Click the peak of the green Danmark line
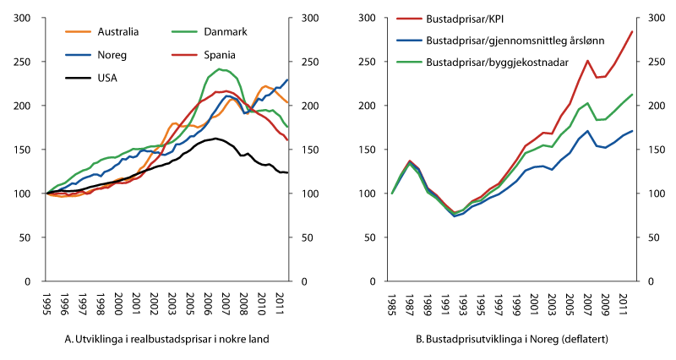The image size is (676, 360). [220, 69]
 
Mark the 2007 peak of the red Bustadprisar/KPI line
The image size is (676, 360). [587, 61]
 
